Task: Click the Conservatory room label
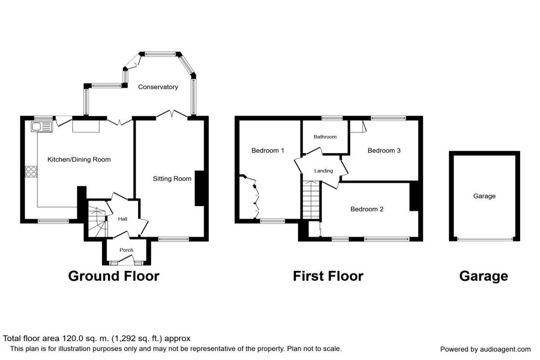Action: coord(158,87)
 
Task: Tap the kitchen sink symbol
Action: coord(41,127)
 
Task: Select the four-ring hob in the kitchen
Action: coord(31,171)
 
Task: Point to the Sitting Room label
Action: coord(172,179)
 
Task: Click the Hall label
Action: coord(123,219)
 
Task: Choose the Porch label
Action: coord(126,250)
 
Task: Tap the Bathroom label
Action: coord(325,137)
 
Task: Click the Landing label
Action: coord(324,171)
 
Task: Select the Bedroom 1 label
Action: coord(268,150)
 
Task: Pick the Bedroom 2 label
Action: coord(367,209)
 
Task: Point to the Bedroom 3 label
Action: coord(384,150)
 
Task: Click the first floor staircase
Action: coord(311,200)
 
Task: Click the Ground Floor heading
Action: coord(113,275)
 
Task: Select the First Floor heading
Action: coord(328,275)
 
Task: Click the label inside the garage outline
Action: coord(484,196)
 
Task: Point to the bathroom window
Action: coord(332,118)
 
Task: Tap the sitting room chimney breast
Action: coord(200,188)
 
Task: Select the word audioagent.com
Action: coord(506,349)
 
